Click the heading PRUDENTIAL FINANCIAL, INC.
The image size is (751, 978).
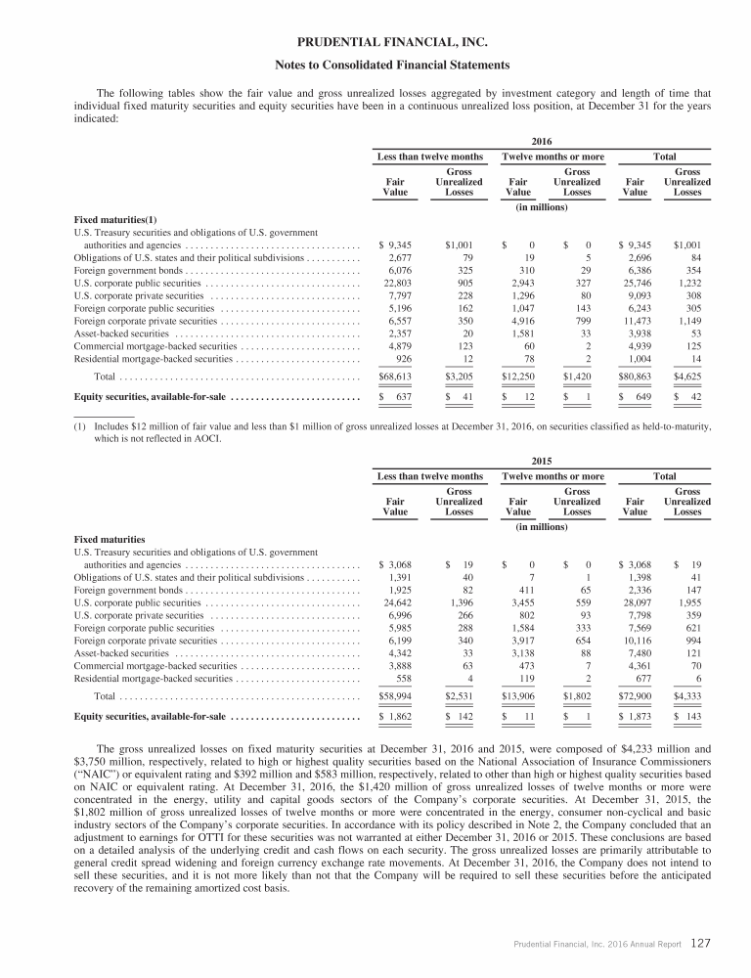(375, 42)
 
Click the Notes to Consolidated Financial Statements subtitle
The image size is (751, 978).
(375, 67)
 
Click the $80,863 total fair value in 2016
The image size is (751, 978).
(636, 375)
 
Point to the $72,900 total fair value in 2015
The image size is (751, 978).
(636, 694)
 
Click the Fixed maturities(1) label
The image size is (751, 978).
(111, 218)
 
